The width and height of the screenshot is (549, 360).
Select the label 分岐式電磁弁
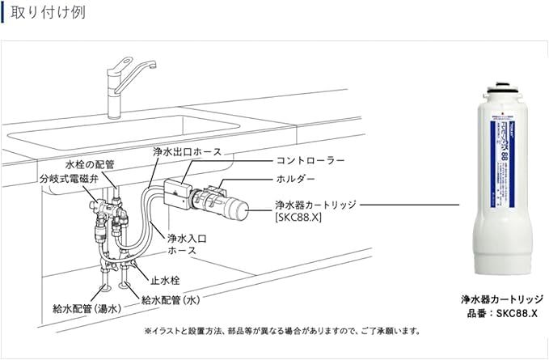70,177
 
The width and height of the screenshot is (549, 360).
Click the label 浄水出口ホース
186,151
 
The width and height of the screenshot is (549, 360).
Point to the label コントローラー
310,161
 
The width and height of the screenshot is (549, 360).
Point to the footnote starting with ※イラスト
282,331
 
